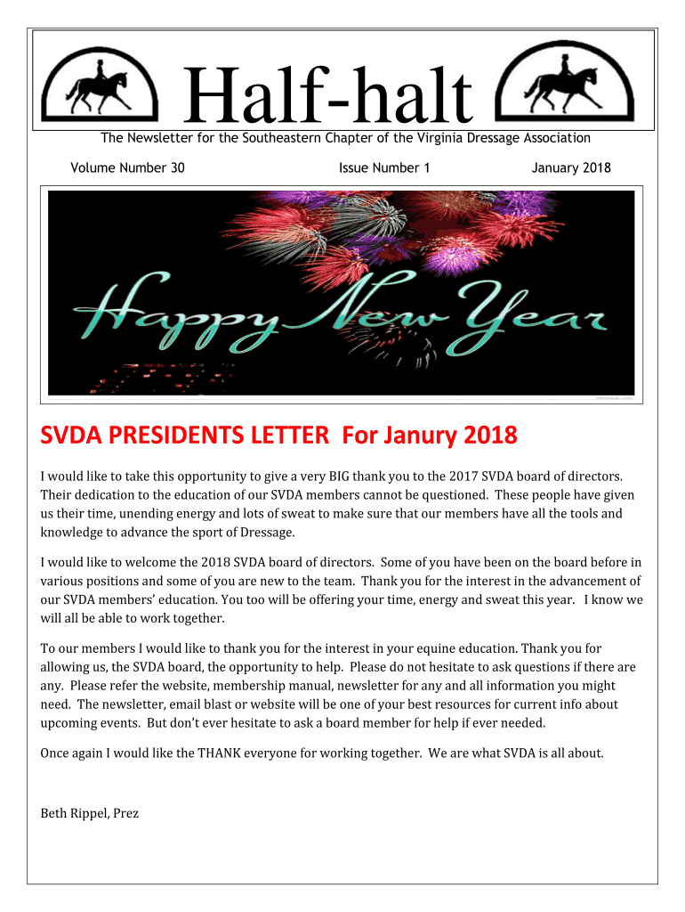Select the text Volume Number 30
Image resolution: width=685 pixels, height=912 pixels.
point(127,167)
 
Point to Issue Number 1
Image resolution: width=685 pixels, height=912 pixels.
point(384,167)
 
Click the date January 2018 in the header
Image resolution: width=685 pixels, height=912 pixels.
point(571,167)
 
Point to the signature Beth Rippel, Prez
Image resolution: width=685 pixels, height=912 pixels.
point(90,813)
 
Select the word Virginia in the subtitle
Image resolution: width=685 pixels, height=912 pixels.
point(421,137)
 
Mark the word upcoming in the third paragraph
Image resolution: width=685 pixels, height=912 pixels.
point(70,722)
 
